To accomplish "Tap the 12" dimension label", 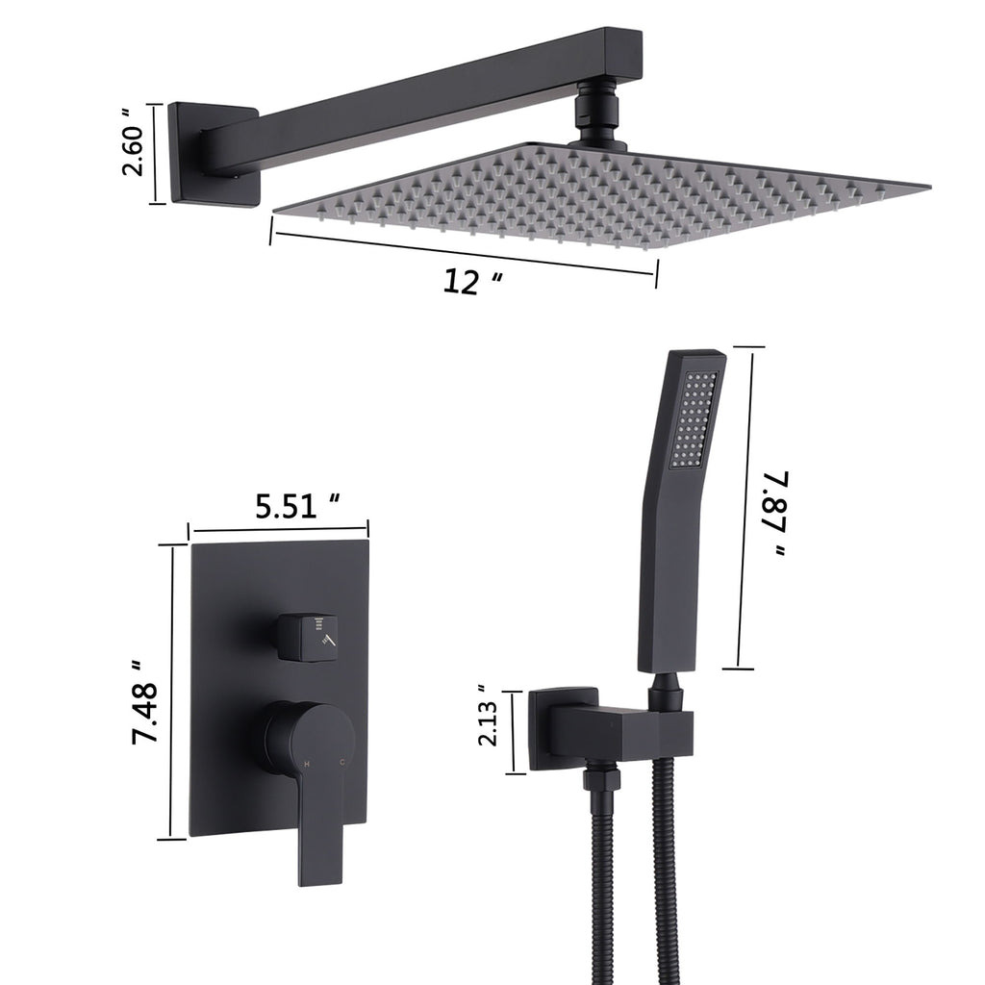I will [x=472, y=281].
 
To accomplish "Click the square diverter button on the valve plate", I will [x=308, y=636].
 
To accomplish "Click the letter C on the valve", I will [x=343, y=763].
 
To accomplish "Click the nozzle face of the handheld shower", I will [x=695, y=423].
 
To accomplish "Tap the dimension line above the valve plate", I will [x=279, y=528].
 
